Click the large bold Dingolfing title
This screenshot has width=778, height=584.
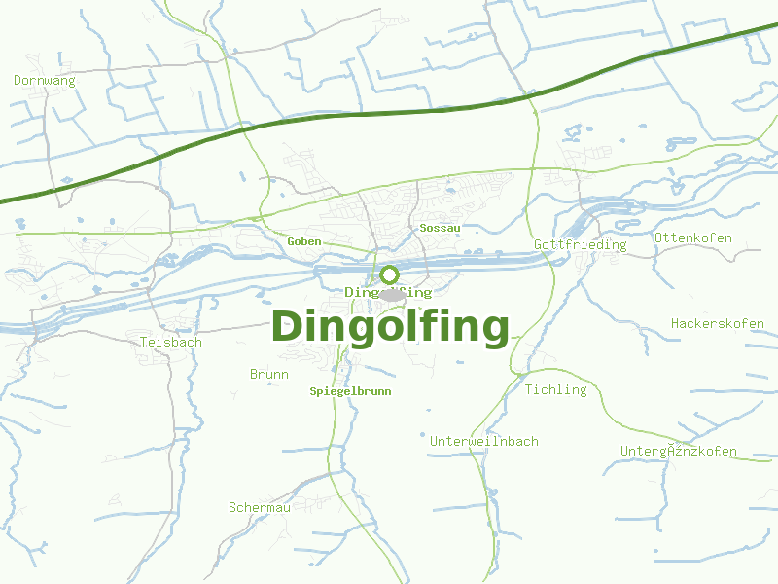390,327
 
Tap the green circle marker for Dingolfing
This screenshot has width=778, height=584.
389,274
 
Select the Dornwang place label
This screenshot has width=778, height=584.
45,81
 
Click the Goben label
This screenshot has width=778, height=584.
304,241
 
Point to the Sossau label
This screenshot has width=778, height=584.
440,228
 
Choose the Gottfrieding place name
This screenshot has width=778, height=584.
580,245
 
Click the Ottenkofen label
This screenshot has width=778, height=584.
693,237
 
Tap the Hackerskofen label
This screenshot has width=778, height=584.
718,323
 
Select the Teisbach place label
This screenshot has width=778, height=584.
171,342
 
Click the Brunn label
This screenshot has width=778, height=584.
269,374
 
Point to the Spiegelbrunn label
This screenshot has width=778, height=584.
350,391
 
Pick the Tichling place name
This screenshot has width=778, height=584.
556,389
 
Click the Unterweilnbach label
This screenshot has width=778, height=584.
484,441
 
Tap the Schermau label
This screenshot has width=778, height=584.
260,507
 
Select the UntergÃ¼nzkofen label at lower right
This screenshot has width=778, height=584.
679,451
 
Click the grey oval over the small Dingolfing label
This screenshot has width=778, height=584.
391,294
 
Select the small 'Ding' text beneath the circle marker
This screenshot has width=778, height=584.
360,292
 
